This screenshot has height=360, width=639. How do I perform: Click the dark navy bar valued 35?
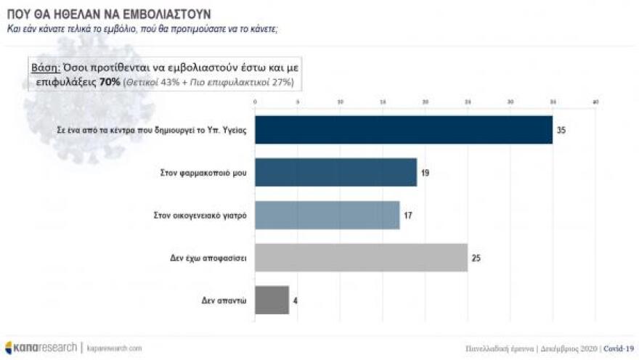coord(403,130)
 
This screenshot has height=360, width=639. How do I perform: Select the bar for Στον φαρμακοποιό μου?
coord(335,173)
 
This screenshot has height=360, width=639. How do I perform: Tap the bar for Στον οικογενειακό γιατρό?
coord(327,215)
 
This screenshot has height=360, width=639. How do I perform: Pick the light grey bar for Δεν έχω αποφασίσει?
coord(361,257)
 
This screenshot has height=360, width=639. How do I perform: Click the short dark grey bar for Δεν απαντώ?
coord(272,299)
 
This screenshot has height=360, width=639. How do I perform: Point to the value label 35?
coord(561,131)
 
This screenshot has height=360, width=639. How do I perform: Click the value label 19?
coord(426,173)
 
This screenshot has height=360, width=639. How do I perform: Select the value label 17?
coord(408,215)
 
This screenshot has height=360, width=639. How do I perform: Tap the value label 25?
coord(476,257)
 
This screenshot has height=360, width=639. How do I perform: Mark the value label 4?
coord(296,299)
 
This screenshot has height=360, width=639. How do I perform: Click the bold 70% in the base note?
coord(110,82)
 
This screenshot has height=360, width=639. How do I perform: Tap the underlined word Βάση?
coord(43,67)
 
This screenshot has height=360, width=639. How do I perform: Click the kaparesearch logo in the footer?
coord(41,348)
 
